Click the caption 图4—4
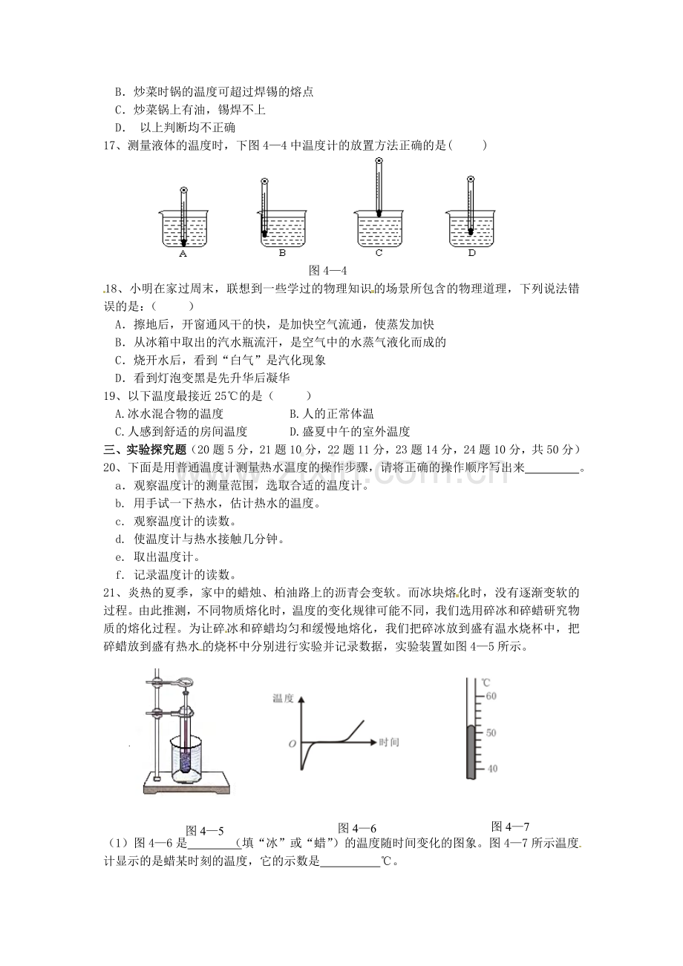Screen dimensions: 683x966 328,270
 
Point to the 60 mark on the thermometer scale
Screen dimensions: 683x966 491,696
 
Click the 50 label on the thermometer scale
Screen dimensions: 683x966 491,733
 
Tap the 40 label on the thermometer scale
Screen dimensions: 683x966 491,769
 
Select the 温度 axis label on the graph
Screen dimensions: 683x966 283,698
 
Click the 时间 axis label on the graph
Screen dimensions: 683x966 389,742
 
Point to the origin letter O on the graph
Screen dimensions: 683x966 293,744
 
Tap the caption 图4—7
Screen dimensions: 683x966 510,827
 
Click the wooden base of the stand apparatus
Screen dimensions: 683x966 186,783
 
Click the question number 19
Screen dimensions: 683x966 109,396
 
